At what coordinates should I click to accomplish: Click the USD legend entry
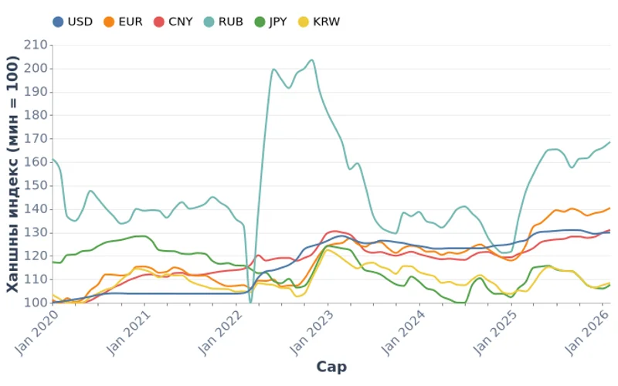pos(73,22)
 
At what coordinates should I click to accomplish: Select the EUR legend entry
pos(123,22)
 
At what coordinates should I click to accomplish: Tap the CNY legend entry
pos(174,22)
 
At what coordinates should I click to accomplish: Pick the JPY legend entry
pos(270,22)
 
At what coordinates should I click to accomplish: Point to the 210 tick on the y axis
pos(34,45)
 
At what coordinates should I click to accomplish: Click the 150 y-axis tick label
pos(34,186)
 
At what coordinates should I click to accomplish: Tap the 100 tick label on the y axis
pos(34,303)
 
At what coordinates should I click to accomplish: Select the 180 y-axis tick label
pos(34,116)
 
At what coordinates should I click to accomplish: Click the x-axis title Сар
pos(331,367)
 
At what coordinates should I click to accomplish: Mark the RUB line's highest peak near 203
pos(311,60)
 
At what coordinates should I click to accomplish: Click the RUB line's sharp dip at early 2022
pos(250,302)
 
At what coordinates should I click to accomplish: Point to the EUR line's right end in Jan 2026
pos(610,208)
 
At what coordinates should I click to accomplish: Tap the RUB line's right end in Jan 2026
pos(610,142)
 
